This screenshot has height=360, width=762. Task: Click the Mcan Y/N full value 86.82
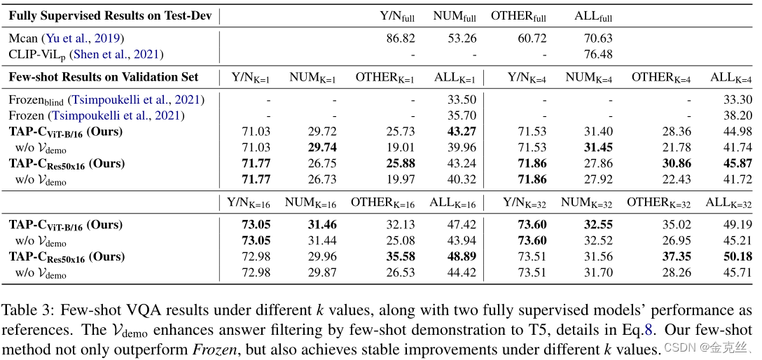pos(400,39)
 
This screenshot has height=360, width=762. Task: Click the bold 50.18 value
pos(737,257)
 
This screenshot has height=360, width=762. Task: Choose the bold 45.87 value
pos(737,164)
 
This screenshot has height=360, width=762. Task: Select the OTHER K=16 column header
pos(382,203)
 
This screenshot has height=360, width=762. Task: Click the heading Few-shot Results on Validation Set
pos(104,78)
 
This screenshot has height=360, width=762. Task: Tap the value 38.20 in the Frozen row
pos(737,116)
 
